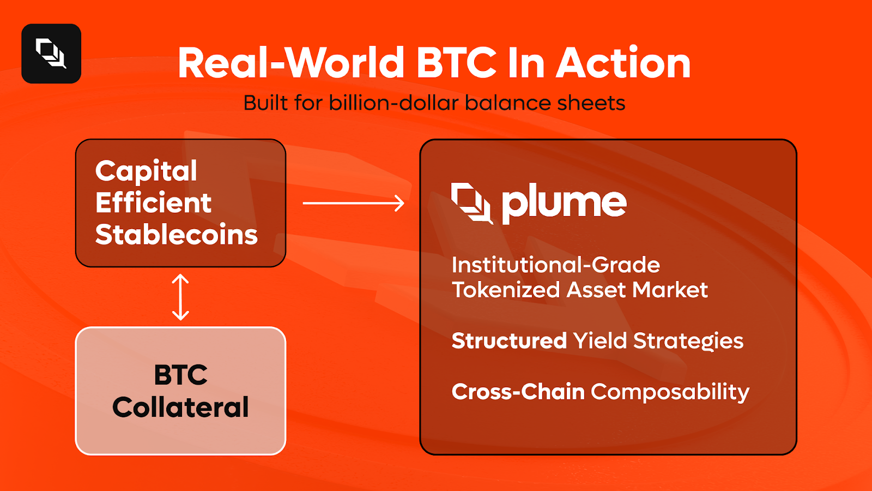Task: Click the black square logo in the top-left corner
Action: (x=51, y=53)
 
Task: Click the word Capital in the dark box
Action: (x=146, y=171)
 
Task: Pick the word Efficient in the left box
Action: (x=153, y=203)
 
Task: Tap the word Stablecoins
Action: (x=176, y=235)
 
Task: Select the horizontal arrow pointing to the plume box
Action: (x=353, y=203)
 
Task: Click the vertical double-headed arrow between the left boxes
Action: (x=180, y=297)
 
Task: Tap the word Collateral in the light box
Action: (x=180, y=407)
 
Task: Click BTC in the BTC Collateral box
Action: (x=180, y=375)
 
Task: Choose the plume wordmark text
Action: (x=564, y=203)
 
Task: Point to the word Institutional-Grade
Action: (x=555, y=265)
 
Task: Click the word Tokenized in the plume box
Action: (x=506, y=290)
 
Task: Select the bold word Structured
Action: (x=509, y=341)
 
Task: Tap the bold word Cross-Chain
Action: (x=518, y=392)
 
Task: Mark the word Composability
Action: (x=670, y=392)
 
